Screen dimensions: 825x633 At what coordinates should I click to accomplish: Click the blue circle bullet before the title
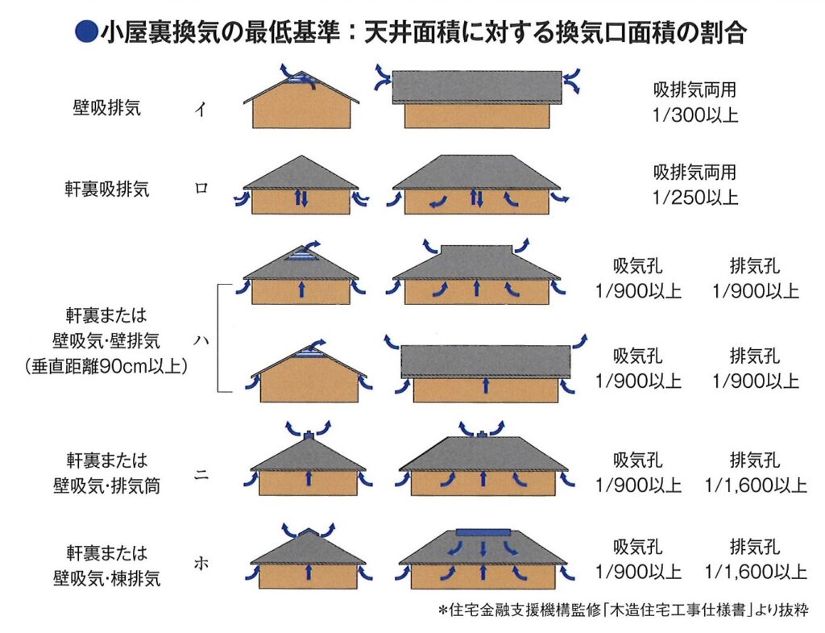[85, 32]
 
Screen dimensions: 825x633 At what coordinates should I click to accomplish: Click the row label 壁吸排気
[107, 108]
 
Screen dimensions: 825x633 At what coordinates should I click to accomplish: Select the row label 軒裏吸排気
[107, 189]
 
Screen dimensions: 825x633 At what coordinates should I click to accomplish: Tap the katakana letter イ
[201, 110]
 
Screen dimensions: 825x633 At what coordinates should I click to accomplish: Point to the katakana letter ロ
[201, 188]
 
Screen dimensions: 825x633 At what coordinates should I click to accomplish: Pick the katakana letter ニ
[201, 474]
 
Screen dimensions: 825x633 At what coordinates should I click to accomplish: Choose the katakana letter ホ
[201, 564]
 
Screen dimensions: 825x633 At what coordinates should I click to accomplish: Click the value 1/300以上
[695, 115]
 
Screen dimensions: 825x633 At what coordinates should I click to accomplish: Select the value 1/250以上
[695, 198]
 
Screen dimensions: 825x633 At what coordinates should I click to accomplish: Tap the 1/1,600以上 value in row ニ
[756, 485]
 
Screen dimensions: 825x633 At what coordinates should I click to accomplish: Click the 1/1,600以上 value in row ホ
[756, 572]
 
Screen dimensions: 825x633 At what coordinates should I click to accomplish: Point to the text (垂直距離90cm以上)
[106, 366]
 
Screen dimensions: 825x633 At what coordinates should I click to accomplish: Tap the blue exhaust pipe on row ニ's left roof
[309, 435]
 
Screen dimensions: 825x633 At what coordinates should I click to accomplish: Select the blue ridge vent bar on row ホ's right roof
[483, 533]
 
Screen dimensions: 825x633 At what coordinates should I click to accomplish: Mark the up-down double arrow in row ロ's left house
[301, 198]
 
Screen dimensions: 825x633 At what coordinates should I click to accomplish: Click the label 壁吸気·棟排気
[107, 579]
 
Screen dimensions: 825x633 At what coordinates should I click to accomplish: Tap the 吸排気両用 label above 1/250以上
[695, 173]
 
